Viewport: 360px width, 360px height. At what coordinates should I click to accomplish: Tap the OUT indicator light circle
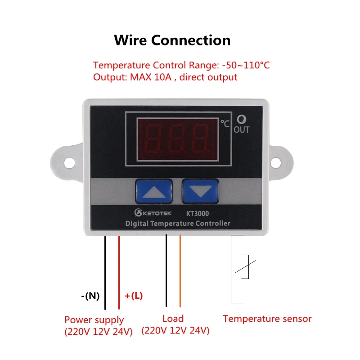(x=242, y=120)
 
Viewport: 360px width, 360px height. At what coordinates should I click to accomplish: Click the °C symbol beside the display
(x=224, y=122)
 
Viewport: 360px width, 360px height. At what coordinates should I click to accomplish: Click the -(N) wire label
(x=90, y=296)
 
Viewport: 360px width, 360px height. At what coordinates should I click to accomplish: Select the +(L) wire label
(x=133, y=296)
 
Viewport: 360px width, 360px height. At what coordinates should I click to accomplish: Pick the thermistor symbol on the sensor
(x=244, y=267)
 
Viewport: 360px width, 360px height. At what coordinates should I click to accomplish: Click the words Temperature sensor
(x=267, y=319)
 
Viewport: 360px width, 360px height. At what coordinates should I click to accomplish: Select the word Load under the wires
(x=173, y=319)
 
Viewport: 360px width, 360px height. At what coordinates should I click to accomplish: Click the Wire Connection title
(x=172, y=40)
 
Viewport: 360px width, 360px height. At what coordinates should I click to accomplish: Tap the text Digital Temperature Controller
(x=177, y=223)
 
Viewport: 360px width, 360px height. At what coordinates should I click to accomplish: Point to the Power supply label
(x=94, y=320)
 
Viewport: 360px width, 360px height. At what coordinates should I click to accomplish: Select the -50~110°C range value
(x=246, y=65)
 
